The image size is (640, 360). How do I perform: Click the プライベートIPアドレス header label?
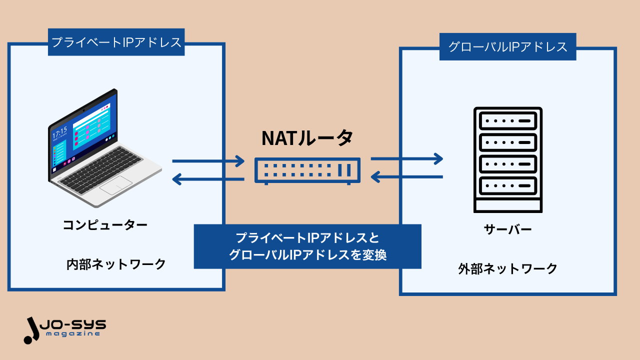pyautogui.click(x=116, y=42)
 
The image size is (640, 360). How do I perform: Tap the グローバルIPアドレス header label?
pyautogui.click(x=507, y=47)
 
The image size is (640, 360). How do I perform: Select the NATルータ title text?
pyautogui.click(x=307, y=138)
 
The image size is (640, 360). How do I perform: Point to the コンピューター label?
pyautogui.click(x=105, y=225)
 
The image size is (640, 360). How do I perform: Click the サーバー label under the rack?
pyautogui.click(x=507, y=229)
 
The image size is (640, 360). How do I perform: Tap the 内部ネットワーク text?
pyautogui.click(x=116, y=264)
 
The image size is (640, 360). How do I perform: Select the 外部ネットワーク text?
pyautogui.click(x=507, y=269)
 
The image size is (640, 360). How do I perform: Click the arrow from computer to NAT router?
pyautogui.click(x=208, y=161)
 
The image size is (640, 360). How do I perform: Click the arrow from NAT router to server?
pyautogui.click(x=406, y=159)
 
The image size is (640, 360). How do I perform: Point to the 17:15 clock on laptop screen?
pyautogui.click(x=60, y=132)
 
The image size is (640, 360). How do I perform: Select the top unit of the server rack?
pyautogui.click(x=507, y=121)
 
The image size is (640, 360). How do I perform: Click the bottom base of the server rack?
pyautogui.click(x=507, y=205)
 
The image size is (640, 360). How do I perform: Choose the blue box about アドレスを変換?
pyautogui.click(x=307, y=246)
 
